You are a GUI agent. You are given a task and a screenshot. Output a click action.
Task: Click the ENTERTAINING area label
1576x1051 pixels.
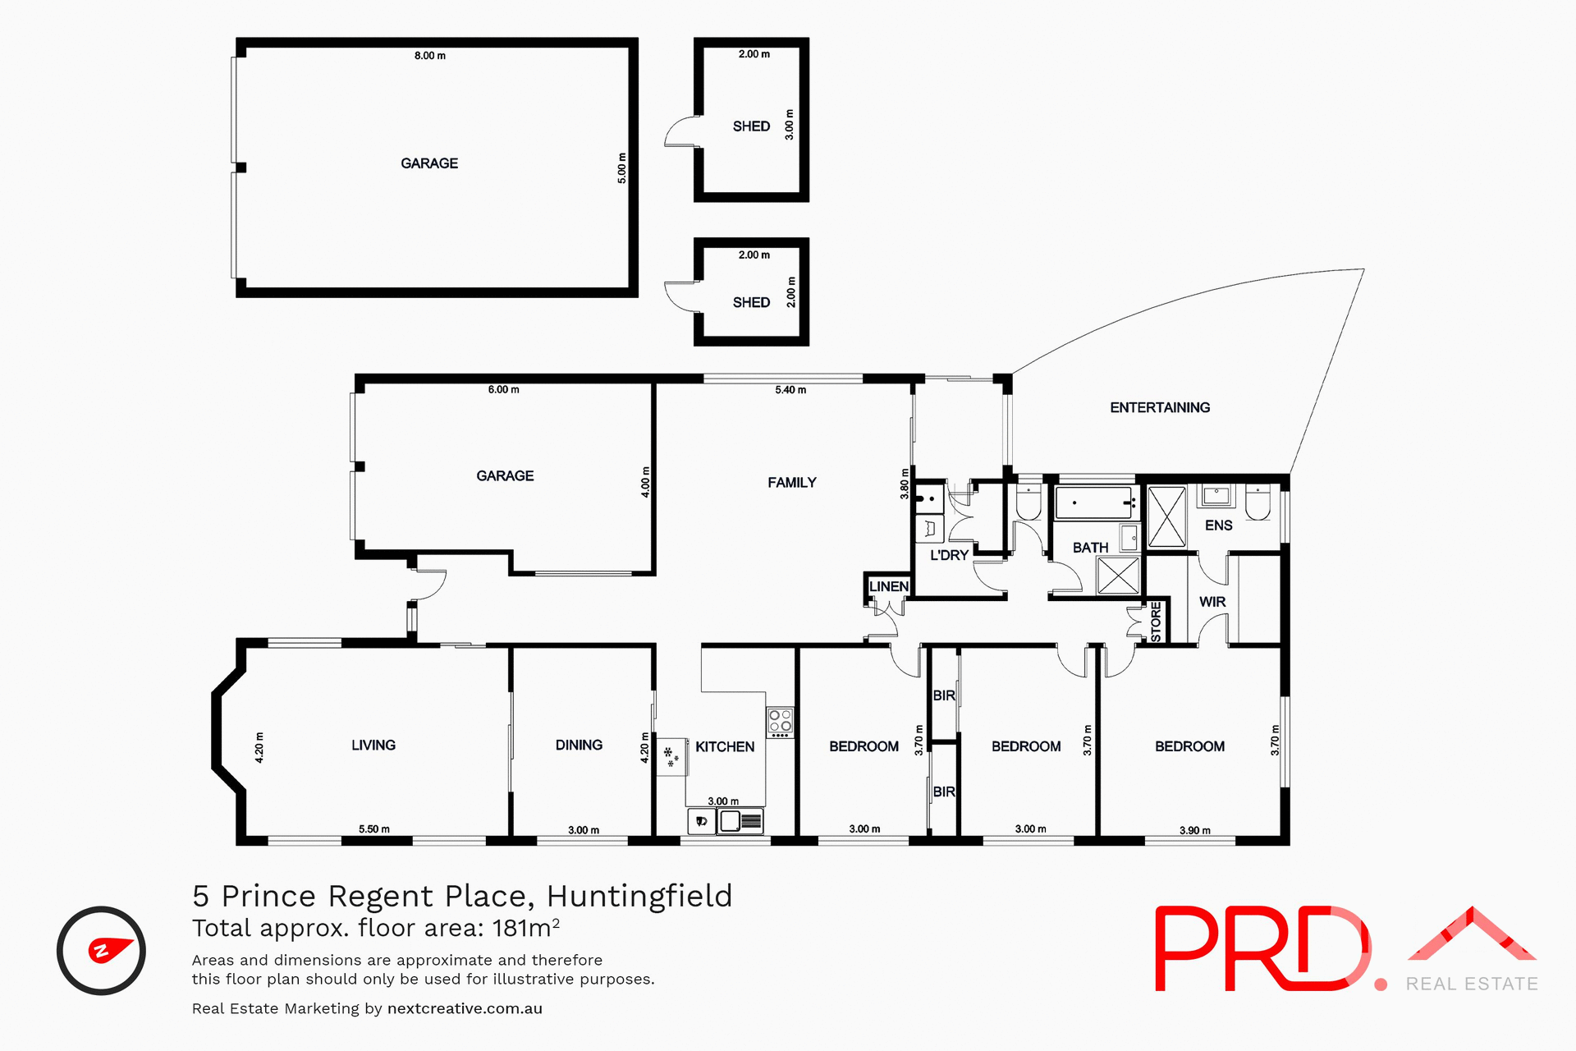(1159, 407)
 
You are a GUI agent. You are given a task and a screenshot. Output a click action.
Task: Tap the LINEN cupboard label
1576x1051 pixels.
(888, 586)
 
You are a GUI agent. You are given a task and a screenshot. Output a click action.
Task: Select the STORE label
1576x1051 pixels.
(1156, 622)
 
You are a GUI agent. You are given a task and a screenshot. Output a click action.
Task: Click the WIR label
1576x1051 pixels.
(1212, 602)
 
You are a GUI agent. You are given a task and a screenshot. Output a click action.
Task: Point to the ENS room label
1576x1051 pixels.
(1218, 525)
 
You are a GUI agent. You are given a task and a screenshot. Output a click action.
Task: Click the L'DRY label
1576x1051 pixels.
(949, 555)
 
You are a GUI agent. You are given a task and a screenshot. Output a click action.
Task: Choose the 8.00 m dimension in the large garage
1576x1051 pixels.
(429, 56)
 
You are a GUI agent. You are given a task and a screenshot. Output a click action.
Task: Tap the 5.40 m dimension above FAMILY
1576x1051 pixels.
(790, 390)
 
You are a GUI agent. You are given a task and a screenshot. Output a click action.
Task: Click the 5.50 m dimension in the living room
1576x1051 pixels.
(373, 829)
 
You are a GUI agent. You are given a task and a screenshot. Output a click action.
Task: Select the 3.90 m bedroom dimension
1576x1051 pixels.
(1194, 830)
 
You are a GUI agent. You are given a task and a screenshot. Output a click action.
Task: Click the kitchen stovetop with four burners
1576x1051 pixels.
(780, 722)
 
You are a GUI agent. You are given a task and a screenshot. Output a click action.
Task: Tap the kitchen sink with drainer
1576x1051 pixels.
(740, 820)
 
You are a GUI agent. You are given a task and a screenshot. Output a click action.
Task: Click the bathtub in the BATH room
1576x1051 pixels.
(1094, 503)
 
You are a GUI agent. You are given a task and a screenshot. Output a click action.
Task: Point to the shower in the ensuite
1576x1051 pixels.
(1166, 516)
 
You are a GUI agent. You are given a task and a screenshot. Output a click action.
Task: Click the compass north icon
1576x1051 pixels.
(101, 951)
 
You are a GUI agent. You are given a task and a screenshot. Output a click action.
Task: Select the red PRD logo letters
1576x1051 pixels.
(1260, 948)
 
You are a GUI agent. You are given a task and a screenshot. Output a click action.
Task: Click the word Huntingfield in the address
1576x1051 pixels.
(639, 896)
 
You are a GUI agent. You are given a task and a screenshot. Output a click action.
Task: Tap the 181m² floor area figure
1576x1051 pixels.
(525, 928)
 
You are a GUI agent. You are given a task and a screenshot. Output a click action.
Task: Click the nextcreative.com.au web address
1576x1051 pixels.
(465, 1008)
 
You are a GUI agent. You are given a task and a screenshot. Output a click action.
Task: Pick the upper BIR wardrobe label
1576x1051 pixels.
(944, 695)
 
